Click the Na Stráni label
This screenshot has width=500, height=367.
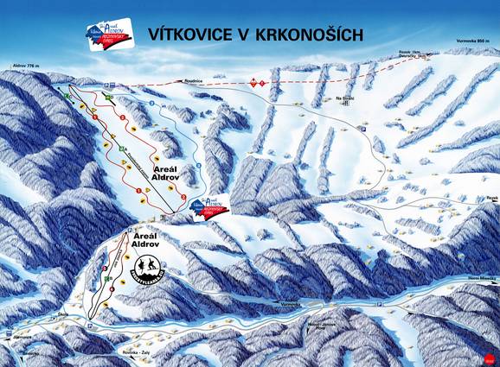tap(346, 98)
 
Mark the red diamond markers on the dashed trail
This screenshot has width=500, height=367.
tap(255, 82)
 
